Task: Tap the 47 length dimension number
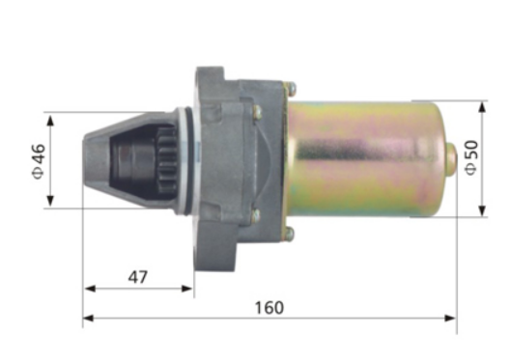[x=138, y=277]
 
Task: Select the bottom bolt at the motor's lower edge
[x=288, y=233]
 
